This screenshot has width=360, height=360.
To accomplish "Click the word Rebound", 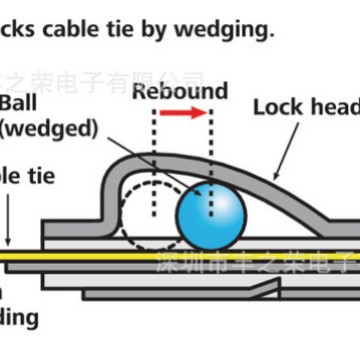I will [x=180, y=91].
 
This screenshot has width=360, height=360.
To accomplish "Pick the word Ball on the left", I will [x=21, y=103].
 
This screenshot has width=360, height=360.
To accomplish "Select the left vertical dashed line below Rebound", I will [x=153, y=160].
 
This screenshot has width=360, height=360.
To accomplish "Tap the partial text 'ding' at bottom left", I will [x=19, y=318].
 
